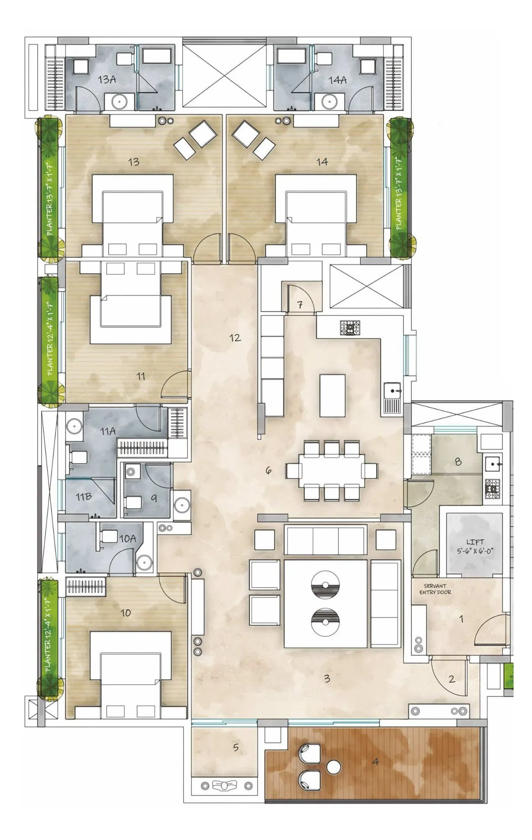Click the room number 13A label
click(107, 79)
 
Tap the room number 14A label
click(337, 80)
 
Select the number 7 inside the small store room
click(300, 305)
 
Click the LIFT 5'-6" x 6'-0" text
click(475, 546)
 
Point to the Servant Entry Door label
click(435, 589)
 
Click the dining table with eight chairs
click(332, 470)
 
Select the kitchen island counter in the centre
click(333, 395)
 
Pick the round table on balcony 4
click(333, 768)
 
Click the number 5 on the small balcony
click(236, 747)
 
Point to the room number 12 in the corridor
click(235, 337)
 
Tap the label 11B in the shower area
click(83, 497)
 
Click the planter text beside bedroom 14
click(399, 193)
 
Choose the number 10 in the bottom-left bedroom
click(126, 613)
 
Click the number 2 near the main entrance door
click(452, 679)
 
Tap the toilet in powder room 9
click(134, 502)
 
